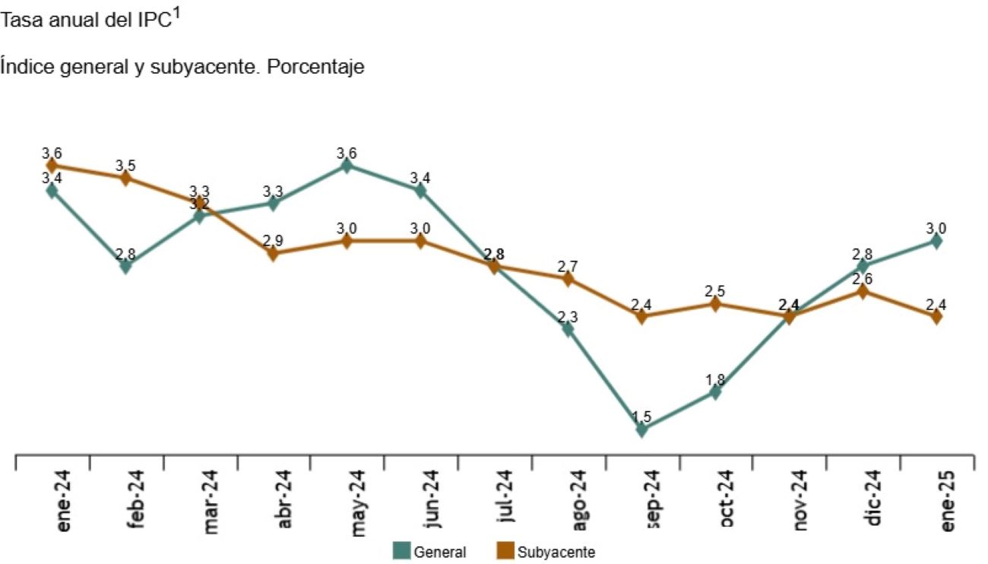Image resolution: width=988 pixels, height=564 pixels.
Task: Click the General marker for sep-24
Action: pos(641,429)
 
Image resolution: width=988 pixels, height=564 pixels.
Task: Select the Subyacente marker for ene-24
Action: pos(52,165)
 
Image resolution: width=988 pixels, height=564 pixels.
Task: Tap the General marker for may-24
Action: pos(347,165)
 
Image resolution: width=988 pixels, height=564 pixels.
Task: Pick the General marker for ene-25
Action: pos(936,241)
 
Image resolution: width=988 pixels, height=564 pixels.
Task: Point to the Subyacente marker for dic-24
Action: pos(863,291)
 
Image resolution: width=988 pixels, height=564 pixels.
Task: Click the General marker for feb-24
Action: pos(125,266)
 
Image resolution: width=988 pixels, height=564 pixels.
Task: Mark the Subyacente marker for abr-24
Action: pos(273,253)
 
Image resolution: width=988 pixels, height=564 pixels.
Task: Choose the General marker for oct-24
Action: pos(715,392)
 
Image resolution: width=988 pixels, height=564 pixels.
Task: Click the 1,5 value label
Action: pos(641,417)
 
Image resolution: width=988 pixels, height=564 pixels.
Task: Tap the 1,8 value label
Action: pos(715,379)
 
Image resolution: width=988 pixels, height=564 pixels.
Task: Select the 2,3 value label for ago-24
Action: pos(568,317)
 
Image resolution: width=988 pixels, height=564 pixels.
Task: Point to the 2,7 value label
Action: pos(568,266)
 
